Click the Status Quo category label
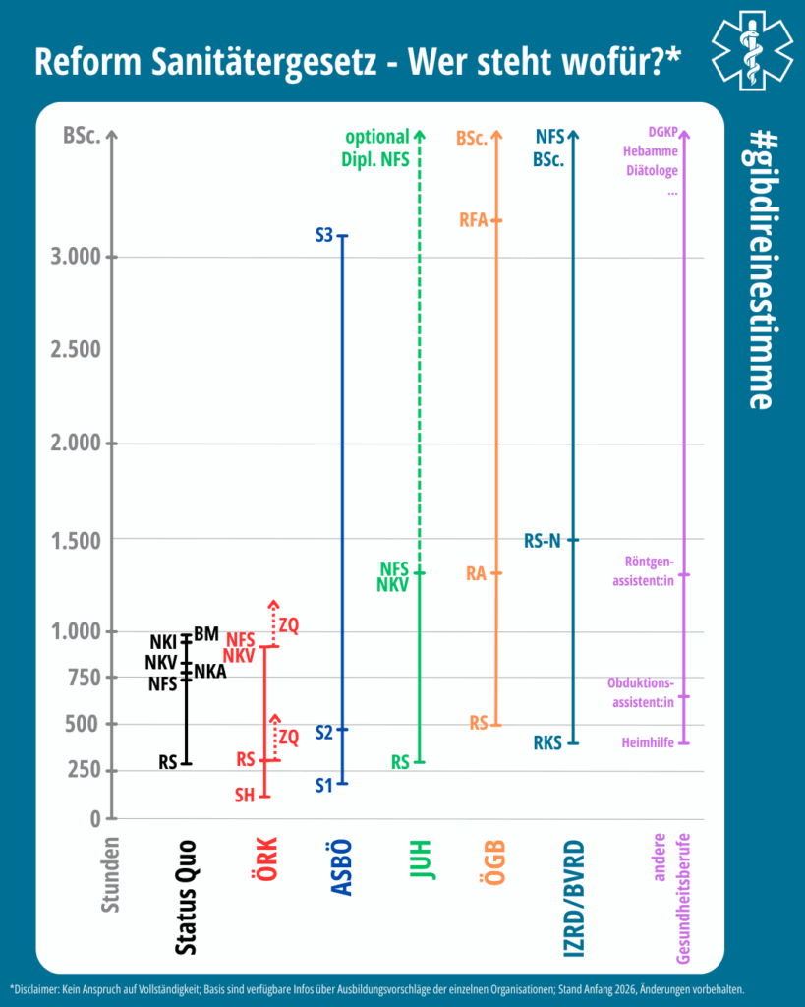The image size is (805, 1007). (185, 895)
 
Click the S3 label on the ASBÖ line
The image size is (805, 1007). (325, 236)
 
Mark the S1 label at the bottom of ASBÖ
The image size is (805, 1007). (324, 784)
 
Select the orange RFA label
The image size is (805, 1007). (474, 220)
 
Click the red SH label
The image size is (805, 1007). (245, 795)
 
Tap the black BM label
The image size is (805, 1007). (206, 634)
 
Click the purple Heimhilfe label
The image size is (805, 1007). (648, 743)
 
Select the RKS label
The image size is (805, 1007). (547, 743)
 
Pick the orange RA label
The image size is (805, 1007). (477, 573)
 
